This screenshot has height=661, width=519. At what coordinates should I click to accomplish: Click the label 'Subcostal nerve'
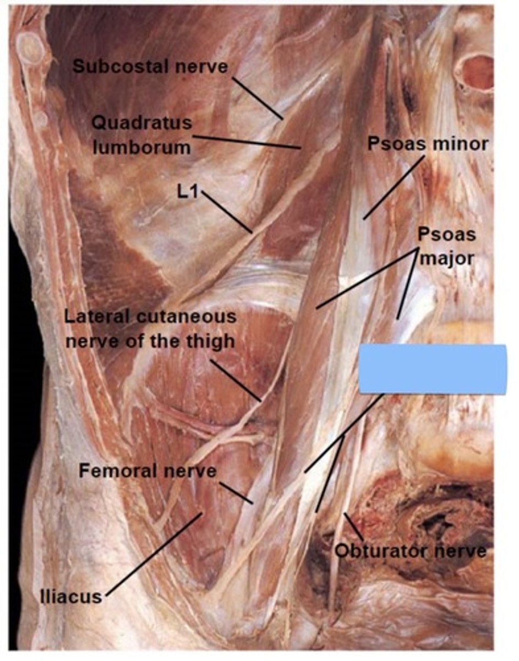point(150,67)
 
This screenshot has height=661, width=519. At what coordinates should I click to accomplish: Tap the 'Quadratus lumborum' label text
point(141,134)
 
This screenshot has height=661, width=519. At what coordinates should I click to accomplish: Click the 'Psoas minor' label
point(428,144)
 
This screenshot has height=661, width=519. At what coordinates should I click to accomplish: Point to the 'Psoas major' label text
point(446,246)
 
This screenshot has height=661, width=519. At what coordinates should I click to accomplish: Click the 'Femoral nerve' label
point(147,471)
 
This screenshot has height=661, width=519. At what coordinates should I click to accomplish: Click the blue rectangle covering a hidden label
point(432,369)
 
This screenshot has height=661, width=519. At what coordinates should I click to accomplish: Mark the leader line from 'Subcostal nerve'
point(258,98)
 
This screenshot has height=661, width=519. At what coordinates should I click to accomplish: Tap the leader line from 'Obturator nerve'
point(354,527)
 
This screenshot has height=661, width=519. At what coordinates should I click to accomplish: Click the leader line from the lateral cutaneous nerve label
point(235,380)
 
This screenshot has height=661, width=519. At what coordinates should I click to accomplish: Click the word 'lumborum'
point(141,147)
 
